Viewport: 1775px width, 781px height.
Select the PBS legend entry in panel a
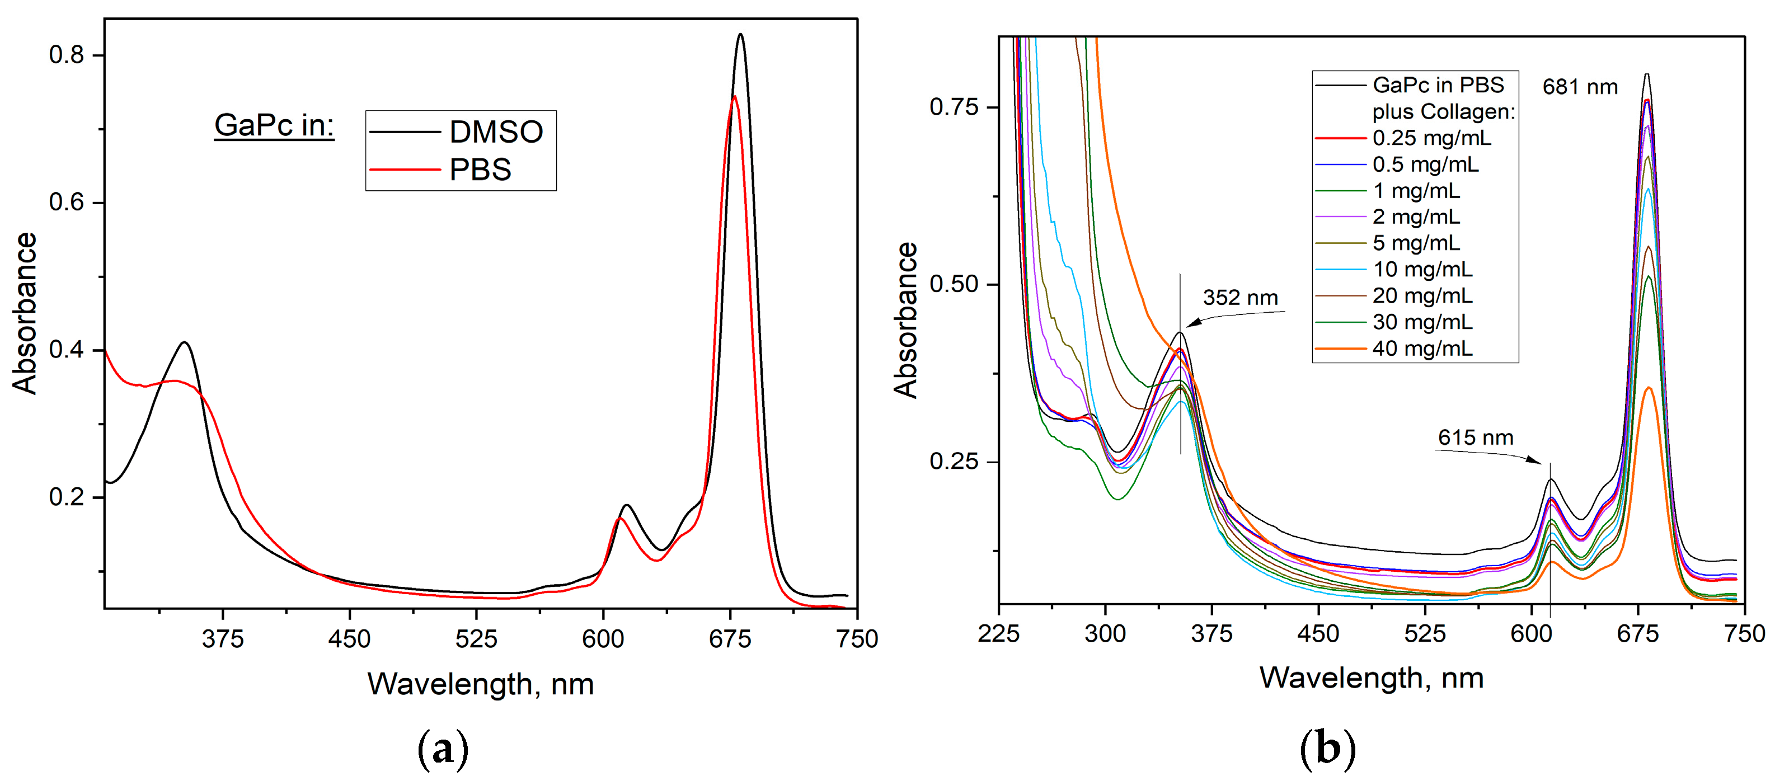coord(480,170)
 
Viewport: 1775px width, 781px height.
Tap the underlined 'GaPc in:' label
coord(274,125)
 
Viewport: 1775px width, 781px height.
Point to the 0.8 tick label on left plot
coord(66,55)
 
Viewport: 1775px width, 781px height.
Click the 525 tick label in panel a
coord(476,639)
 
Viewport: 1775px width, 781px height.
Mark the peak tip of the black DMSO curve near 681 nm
coord(741,35)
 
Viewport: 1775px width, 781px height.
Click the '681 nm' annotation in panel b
coord(1579,87)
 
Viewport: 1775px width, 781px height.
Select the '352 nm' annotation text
coord(1239,298)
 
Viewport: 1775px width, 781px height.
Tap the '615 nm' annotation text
coord(1475,437)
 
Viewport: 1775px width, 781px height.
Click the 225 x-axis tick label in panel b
coord(998,634)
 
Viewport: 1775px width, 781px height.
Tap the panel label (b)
coord(1327,748)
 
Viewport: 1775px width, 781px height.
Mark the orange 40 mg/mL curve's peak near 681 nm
coord(1648,388)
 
